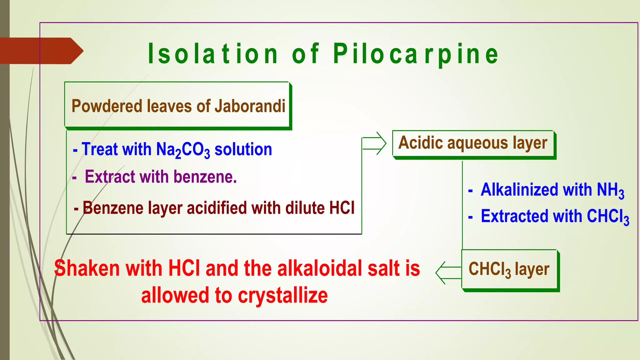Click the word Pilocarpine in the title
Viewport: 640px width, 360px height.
416,54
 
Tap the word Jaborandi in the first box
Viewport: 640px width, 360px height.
250,106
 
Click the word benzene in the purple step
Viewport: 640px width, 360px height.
205,177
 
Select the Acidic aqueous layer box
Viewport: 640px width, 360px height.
473,143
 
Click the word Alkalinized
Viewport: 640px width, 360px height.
519,190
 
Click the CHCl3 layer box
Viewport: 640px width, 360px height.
509,269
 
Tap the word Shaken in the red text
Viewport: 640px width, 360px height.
87,269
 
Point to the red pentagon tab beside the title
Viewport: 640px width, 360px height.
41,51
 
